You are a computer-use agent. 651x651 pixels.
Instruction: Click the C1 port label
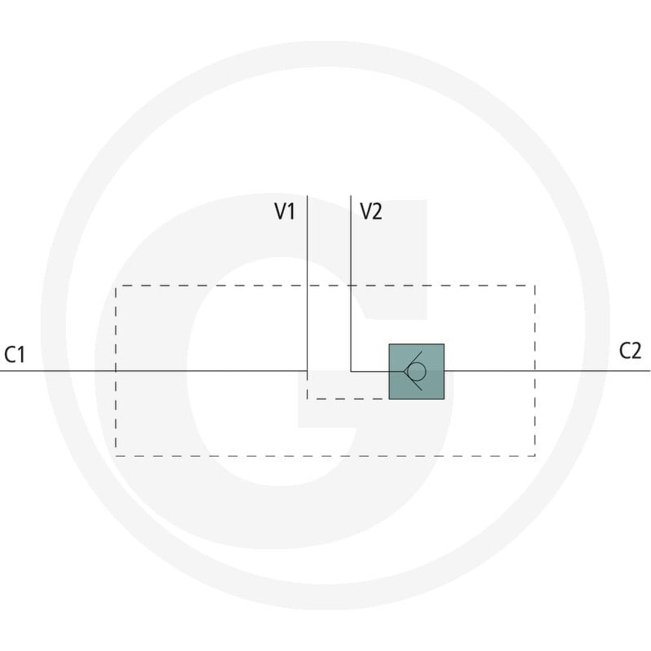click(15, 355)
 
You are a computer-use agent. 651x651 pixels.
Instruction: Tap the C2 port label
click(630, 351)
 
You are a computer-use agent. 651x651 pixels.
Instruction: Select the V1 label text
click(285, 211)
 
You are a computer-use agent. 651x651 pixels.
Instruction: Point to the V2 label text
click(371, 211)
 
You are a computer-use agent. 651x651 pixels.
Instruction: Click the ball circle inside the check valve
click(417, 371)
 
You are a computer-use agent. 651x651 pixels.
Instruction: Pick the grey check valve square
click(417, 372)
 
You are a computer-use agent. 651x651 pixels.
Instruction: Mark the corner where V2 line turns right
click(351, 371)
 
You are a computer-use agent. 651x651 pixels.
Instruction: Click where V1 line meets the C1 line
click(308, 371)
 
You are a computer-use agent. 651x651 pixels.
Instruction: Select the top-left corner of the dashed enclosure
click(116, 286)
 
